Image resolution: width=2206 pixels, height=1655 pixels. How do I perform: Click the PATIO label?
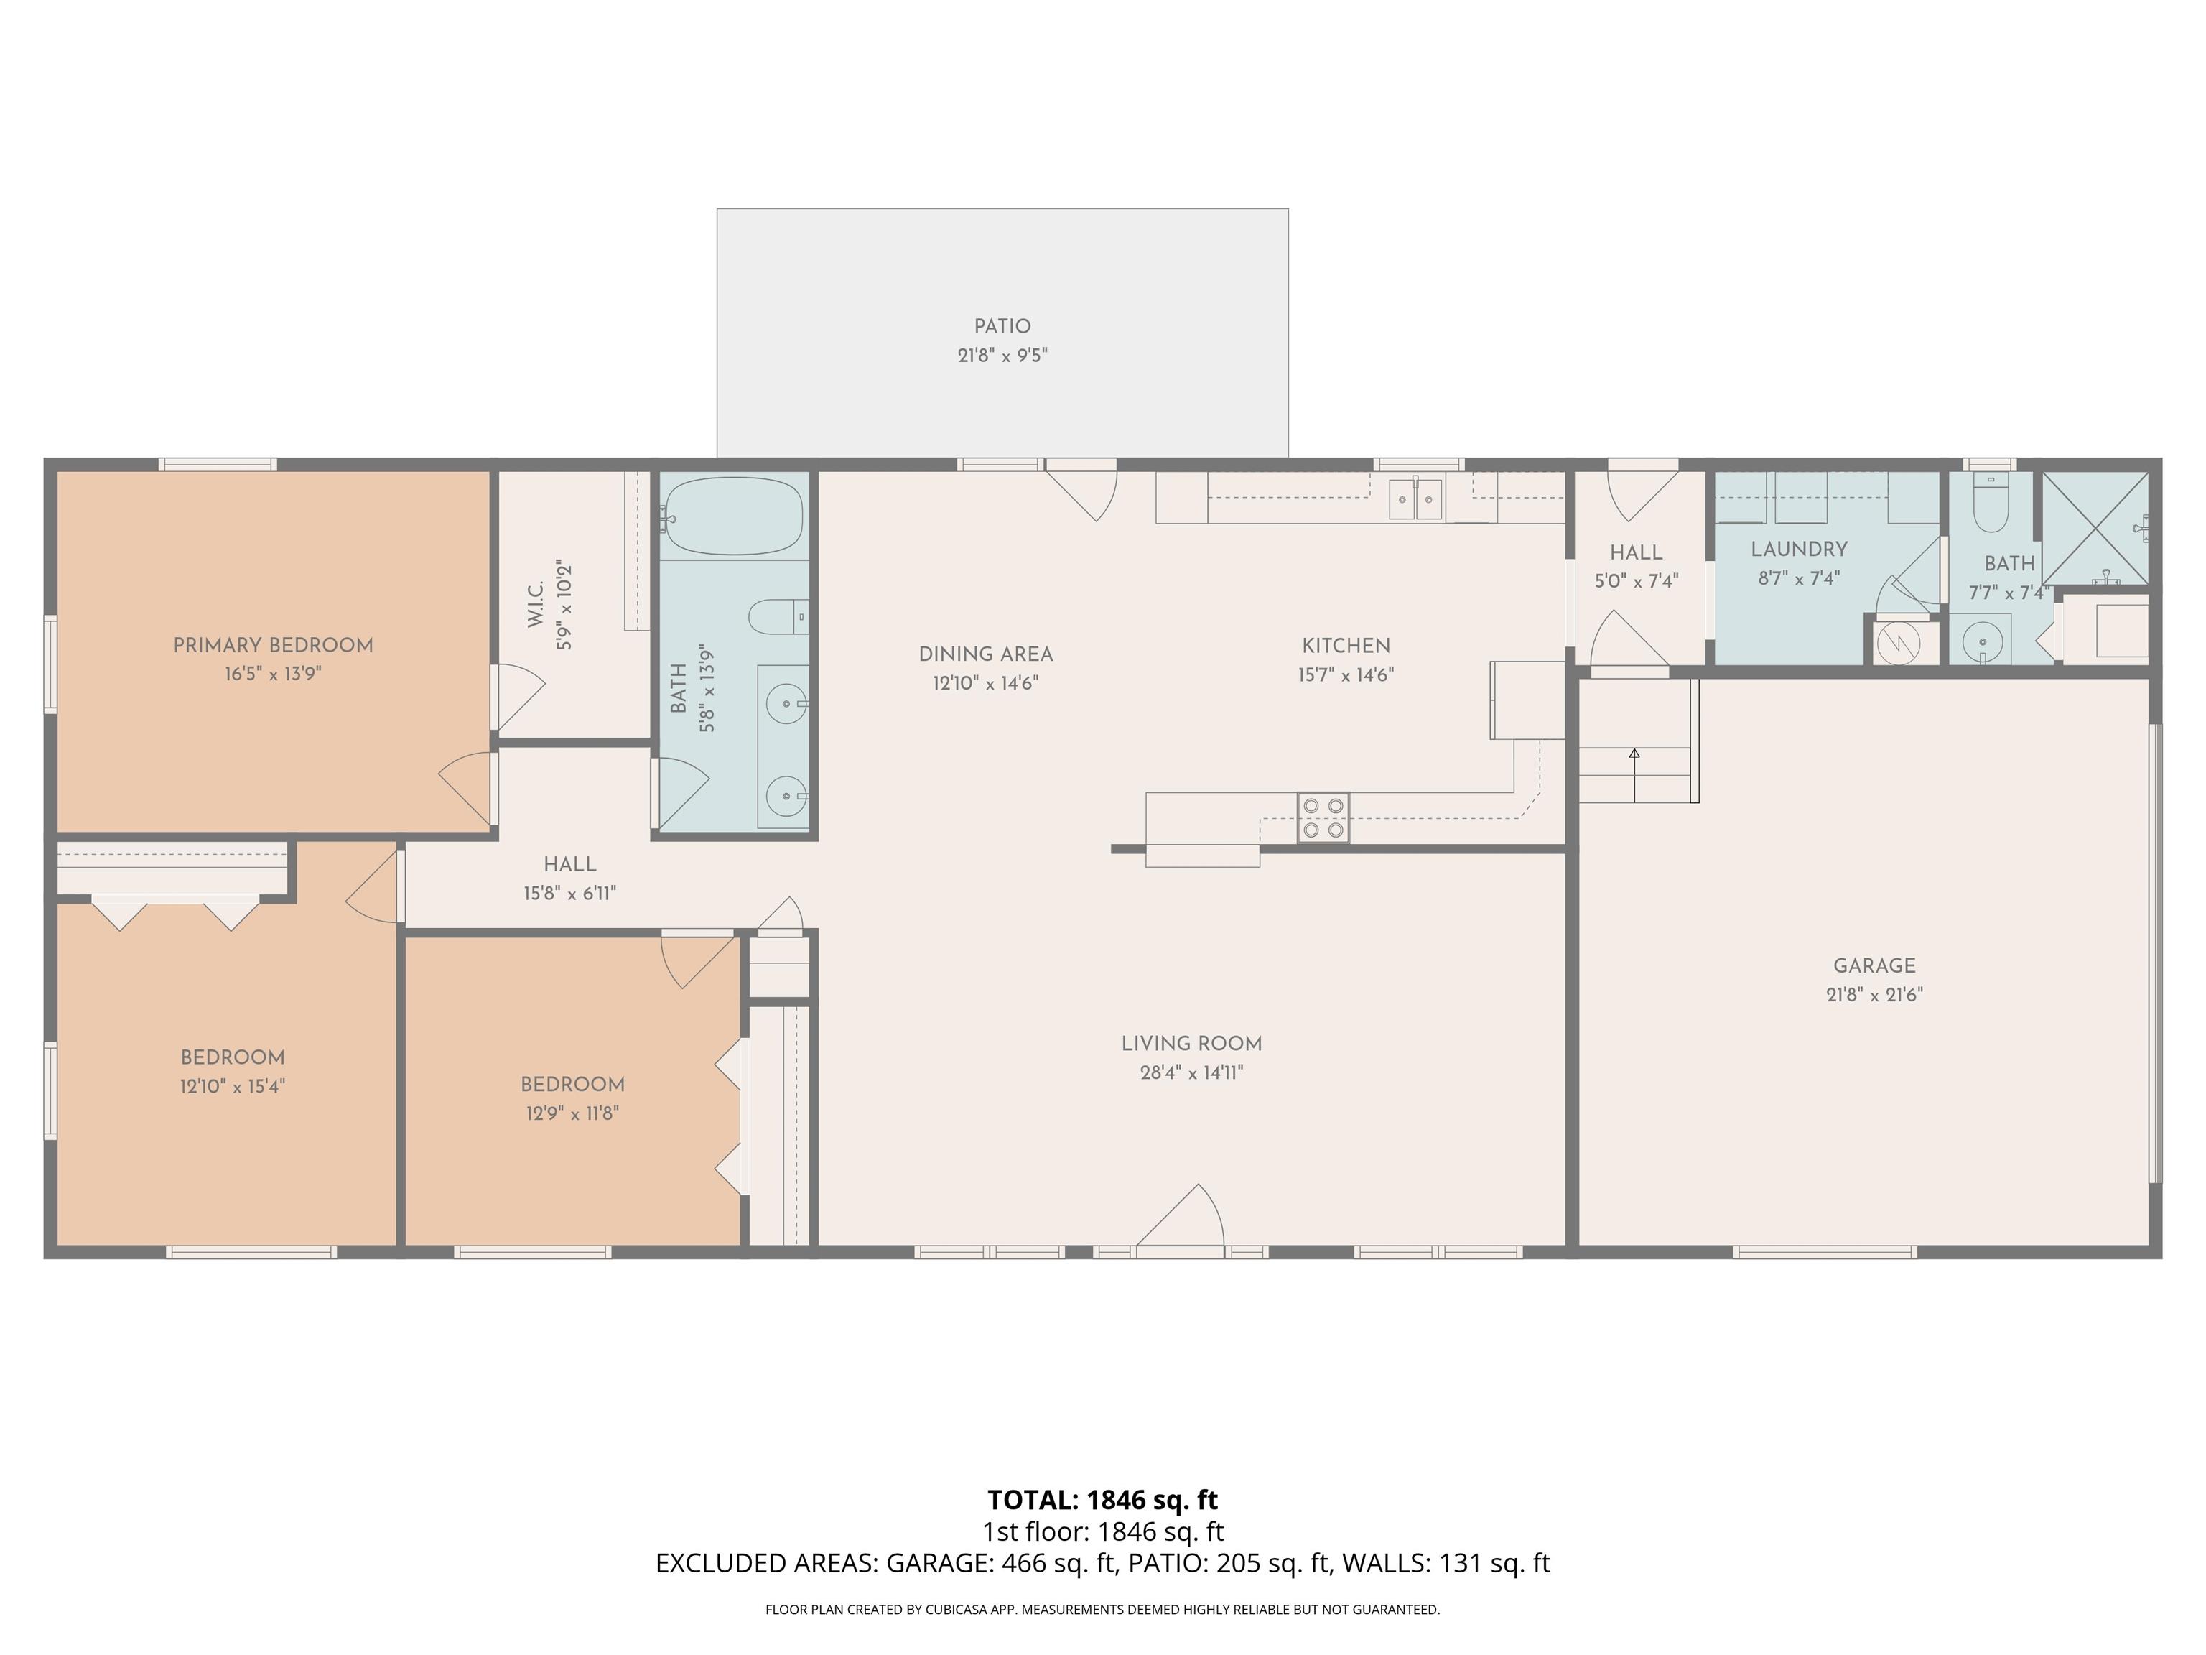point(1002,326)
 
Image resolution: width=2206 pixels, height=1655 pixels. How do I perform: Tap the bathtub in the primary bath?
point(734,516)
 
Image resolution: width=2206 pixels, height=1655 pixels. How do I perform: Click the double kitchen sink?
point(1416,499)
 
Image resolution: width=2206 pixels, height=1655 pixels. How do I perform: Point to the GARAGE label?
point(1874,965)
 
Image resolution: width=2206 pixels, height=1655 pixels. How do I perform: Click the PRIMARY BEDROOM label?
point(274,646)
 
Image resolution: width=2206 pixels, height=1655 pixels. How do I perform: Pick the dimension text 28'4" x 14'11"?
point(1192,1072)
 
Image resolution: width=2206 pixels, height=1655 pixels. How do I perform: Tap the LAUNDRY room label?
point(1799,549)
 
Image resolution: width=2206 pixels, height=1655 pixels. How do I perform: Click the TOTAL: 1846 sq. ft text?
point(1103,1499)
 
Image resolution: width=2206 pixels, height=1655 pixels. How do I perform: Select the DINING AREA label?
point(985,654)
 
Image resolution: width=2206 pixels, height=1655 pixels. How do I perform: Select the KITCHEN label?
point(1345,646)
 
